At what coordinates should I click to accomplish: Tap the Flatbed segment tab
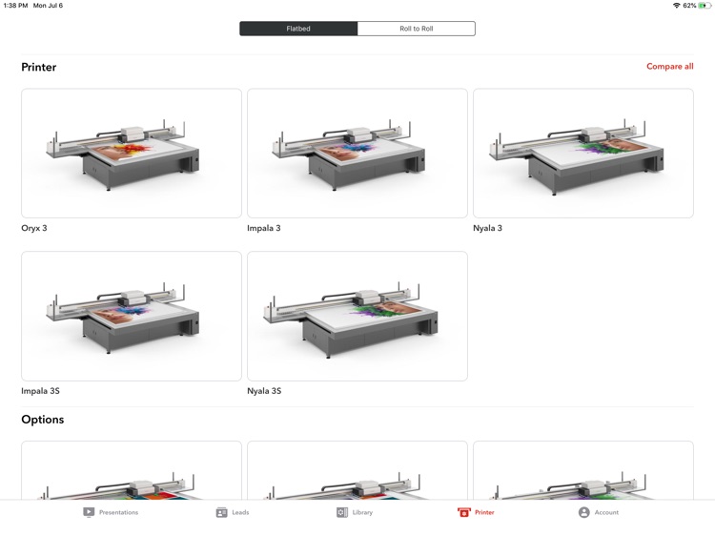[x=298, y=29]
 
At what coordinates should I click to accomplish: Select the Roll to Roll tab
[x=416, y=29]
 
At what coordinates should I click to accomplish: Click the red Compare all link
[x=669, y=67]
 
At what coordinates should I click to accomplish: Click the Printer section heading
[x=39, y=68]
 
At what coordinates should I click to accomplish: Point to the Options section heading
[x=43, y=420]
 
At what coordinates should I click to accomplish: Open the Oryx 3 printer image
[x=132, y=154]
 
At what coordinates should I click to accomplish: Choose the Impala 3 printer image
[x=357, y=154]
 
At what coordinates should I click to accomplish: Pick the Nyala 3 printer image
[x=583, y=154]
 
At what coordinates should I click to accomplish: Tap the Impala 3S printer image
[x=132, y=316]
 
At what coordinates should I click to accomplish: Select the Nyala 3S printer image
[x=357, y=316]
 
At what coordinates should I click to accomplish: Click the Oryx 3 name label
[x=34, y=229]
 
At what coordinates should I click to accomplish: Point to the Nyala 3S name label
[x=264, y=391]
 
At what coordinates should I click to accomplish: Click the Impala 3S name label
[x=40, y=391]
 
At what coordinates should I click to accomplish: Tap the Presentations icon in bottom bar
[x=89, y=512]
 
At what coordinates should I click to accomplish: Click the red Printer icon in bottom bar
[x=464, y=512]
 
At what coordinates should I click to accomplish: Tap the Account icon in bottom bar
[x=583, y=512]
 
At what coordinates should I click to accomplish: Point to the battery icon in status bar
[x=705, y=6]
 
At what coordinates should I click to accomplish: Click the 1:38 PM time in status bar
[x=14, y=6]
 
